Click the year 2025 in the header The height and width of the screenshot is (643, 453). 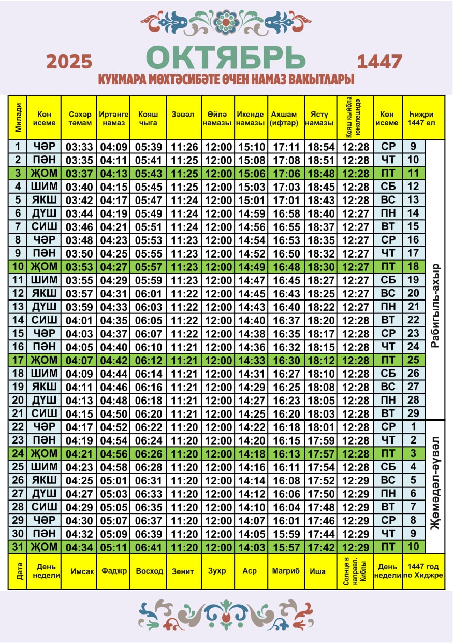click(69, 62)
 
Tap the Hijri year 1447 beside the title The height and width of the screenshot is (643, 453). click(379, 62)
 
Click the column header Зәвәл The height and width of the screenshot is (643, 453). click(183, 115)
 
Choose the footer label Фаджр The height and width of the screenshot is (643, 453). click(113, 571)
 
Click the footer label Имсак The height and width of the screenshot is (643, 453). click(79, 571)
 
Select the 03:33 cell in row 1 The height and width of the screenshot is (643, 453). click(79, 147)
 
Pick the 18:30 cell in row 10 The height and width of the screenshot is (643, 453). click(321, 267)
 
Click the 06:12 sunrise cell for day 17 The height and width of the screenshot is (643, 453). click(148, 360)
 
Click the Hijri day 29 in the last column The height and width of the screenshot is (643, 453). click(413, 413)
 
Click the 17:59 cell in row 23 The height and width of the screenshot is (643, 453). click(321, 440)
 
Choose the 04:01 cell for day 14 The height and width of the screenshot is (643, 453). click(79, 320)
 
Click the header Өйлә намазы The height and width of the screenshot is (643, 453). click(217, 119)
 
